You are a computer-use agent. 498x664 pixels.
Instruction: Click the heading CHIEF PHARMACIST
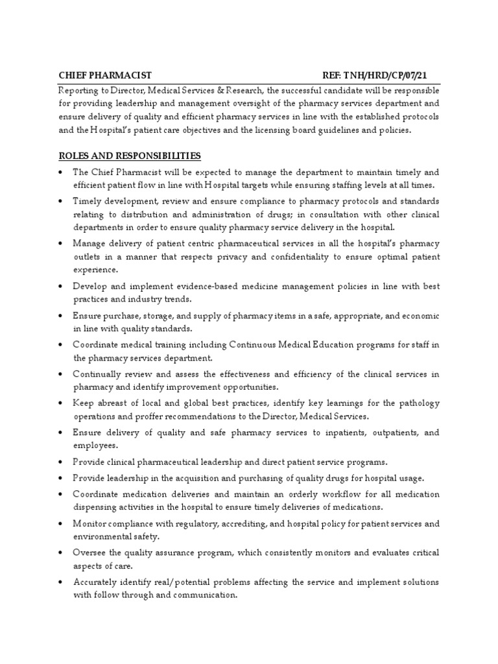coord(105,76)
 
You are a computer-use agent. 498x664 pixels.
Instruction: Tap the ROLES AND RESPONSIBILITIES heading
coord(129,156)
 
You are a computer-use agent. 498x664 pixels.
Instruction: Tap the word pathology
coord(416,404)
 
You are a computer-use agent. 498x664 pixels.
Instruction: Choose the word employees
coord(95,445)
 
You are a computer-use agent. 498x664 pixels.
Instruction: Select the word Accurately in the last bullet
coord(96,582)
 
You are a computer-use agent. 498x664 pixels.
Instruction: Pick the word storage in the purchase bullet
coord(158,316)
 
